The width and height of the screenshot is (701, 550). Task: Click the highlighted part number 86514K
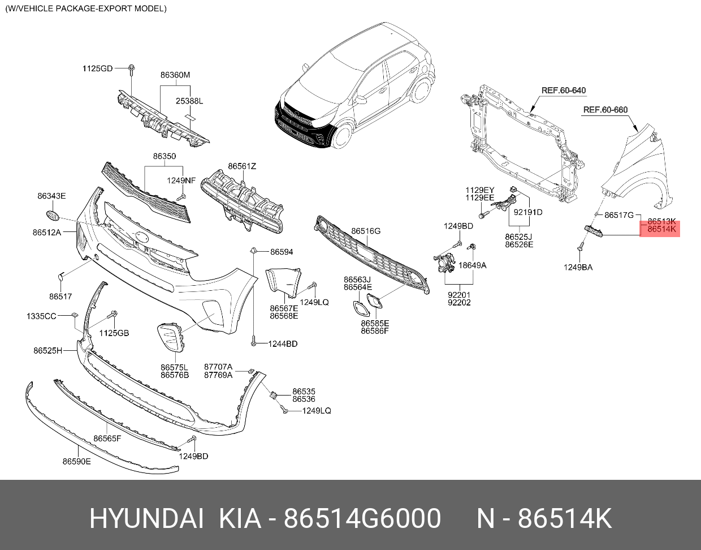(x=661, y=230)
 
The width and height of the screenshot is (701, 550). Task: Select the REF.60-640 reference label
(x=563, y=91)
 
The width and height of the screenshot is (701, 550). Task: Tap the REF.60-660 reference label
(x=605, y=110)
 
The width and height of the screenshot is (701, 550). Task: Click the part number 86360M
(x=175, y=75)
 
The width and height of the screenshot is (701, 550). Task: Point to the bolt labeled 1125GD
(x=131, y=70)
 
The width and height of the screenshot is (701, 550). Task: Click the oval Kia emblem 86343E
(x=51, y=216)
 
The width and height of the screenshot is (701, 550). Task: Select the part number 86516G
(x=366, y=231)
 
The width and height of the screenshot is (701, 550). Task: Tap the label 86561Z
(x=242, y=166)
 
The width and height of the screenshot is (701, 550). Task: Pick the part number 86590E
(x=76, y=461)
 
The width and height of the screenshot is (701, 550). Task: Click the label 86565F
(x=107, y=439)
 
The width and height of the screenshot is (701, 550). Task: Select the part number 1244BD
(x=283, y=343)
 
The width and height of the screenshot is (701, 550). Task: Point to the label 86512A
(x=46, y=232)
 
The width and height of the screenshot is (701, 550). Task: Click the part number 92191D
(x=527, y=213)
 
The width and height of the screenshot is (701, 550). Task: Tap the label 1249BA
(x=578, y=267)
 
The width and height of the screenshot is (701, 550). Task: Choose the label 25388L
(x=189, y=101)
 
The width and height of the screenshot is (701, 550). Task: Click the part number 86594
(x=282, y=252)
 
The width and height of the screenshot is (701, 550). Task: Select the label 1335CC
(x=41, y=316)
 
